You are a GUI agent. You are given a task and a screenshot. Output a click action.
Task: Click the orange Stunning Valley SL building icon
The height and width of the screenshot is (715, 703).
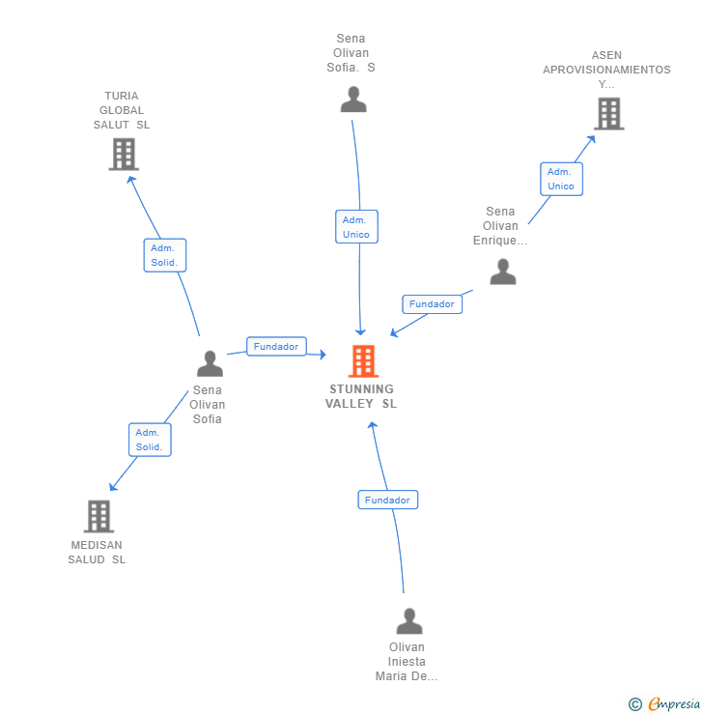[363, 361]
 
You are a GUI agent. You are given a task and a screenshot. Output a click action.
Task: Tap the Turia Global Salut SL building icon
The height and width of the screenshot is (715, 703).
[124, 154]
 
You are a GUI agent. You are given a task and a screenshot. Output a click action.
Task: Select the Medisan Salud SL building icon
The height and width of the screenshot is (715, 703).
[98, 517]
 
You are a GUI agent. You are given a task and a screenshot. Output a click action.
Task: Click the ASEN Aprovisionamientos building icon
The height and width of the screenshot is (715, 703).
[608, 114]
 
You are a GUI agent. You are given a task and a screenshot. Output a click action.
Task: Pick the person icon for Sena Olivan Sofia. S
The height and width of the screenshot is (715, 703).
[353, 100]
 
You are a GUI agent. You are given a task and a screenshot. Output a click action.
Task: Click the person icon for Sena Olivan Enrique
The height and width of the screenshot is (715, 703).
[503, 272]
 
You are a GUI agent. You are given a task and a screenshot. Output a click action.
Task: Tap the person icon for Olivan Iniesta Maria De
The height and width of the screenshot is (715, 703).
[409, 621]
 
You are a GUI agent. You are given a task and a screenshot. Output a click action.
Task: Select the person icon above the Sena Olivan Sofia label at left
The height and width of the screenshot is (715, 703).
[210, 363]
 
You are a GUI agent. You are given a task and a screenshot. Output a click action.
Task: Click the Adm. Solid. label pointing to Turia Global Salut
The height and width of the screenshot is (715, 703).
[164, 255]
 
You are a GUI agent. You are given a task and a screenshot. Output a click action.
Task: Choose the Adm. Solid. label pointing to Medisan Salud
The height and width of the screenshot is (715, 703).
[150, 440]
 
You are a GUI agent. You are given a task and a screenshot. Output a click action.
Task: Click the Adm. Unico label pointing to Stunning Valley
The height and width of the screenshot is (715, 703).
[356, 227]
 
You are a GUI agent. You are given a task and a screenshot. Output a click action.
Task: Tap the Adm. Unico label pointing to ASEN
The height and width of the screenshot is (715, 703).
[561, 179]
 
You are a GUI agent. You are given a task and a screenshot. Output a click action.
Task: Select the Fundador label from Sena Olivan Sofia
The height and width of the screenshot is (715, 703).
[276, 346]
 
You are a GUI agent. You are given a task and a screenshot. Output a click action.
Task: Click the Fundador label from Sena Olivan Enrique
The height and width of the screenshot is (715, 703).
[432, 303]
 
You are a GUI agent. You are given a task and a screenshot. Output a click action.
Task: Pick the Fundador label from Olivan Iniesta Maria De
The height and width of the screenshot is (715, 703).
[387, 500]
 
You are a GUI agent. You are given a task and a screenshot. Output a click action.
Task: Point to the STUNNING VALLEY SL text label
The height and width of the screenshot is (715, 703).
[361, 397]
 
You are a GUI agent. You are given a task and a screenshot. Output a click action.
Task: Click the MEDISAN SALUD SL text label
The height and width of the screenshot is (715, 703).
[97, 553]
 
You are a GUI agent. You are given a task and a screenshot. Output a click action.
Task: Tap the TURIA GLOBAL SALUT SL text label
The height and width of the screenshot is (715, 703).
[122, 110]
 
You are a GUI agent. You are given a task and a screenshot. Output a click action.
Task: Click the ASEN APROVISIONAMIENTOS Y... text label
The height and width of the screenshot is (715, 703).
[606, 70]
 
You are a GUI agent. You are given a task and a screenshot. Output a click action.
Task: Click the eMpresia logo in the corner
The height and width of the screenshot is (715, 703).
[665, 704]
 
